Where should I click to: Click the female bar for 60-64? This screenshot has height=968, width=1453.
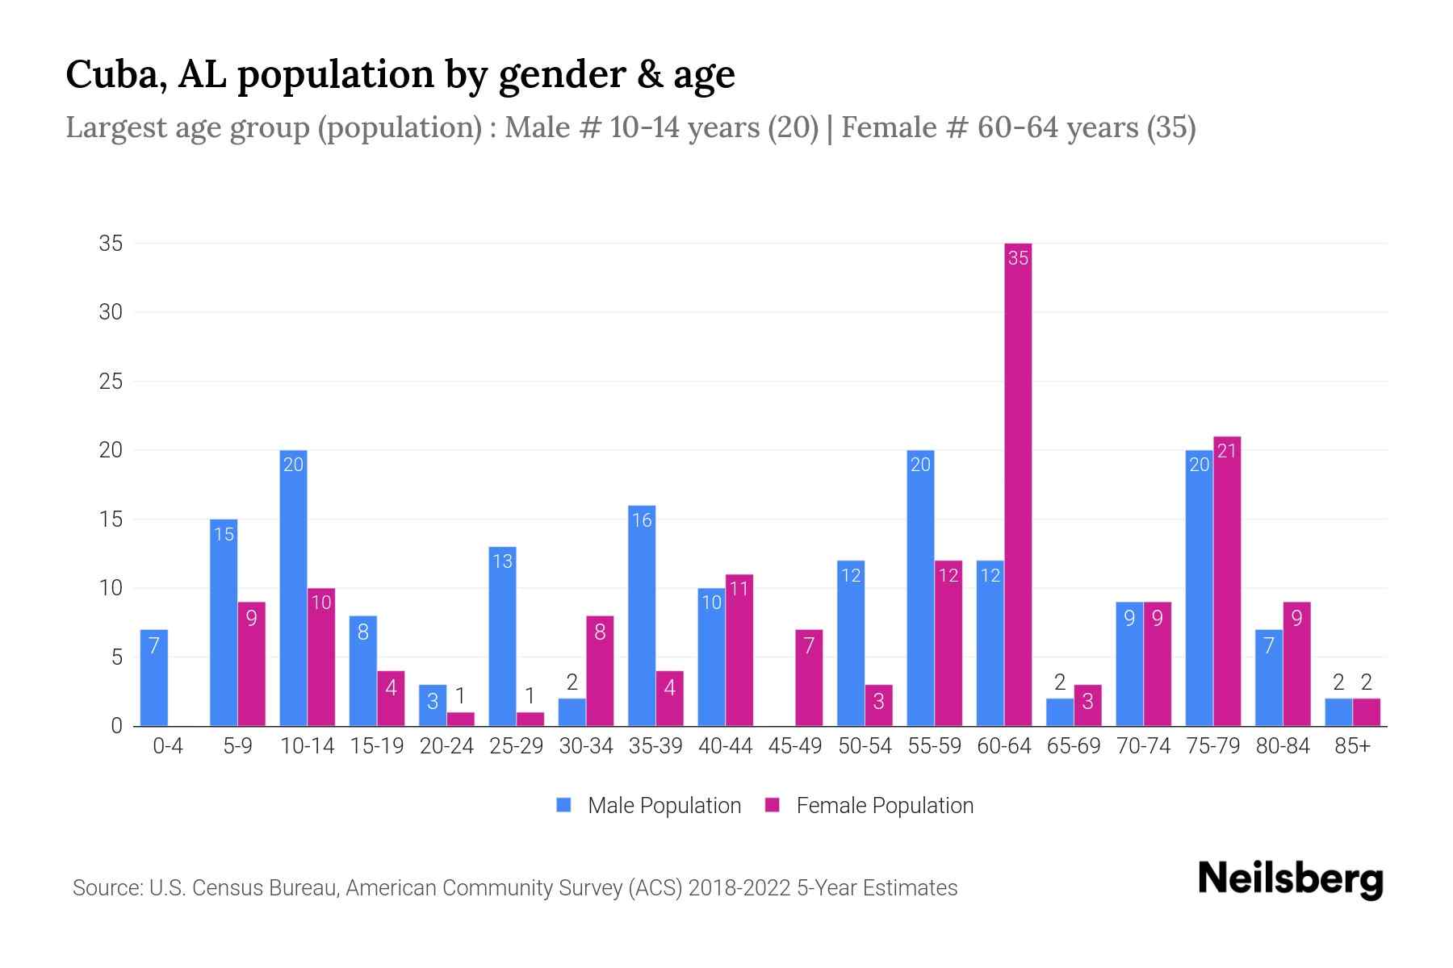click(x=1018, y=484)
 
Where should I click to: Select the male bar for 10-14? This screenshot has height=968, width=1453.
click(x=293, y=589)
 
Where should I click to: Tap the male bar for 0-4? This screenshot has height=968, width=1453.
click(x=154, y=678)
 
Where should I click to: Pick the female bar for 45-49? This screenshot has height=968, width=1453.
click(x=809, y=678)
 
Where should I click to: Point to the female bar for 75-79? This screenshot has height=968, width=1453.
click(x=1227, y=581)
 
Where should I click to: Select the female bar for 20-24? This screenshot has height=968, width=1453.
click(x=461, y=719)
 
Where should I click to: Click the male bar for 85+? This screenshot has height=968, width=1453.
click(x=1338, y=712)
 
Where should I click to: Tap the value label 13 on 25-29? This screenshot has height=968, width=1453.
click(x=502, y=561)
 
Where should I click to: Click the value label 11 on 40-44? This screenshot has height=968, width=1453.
click(x=739, y=589)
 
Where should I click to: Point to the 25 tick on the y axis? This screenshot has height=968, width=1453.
click(x=111, y=382)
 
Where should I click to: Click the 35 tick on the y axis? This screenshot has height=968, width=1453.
click(x=111, y=244)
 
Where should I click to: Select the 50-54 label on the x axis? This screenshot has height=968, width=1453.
click(x=865, y=746)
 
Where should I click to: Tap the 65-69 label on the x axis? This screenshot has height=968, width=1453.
click(x=1074, y=746)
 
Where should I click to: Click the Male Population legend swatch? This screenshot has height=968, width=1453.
click(x=563, y=805)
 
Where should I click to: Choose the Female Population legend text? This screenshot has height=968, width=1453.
click(x=885, y=805)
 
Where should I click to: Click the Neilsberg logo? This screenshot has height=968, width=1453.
click(x=1290, y=878)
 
